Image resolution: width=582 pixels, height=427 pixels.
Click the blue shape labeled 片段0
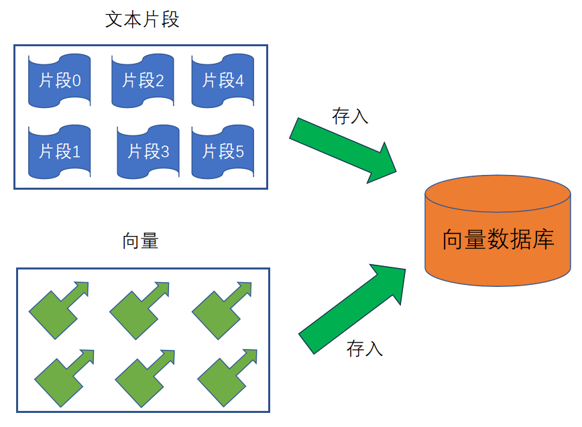pos(59,81)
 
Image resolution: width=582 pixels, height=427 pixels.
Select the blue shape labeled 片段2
pos(143,81)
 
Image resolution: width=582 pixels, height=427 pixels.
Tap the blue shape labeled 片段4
pos(223,81)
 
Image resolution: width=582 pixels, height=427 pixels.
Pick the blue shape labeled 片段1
pos(59,151)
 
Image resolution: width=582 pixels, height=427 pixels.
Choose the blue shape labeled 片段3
pos(148,151)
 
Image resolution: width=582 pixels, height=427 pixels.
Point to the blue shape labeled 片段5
pos(223,151)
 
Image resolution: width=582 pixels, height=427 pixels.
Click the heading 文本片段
pos(142,19)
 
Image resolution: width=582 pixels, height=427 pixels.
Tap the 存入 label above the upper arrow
pos(350,115)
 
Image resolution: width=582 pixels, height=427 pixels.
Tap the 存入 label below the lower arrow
pos(365,348)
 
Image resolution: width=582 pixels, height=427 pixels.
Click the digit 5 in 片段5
pos(239,152)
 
